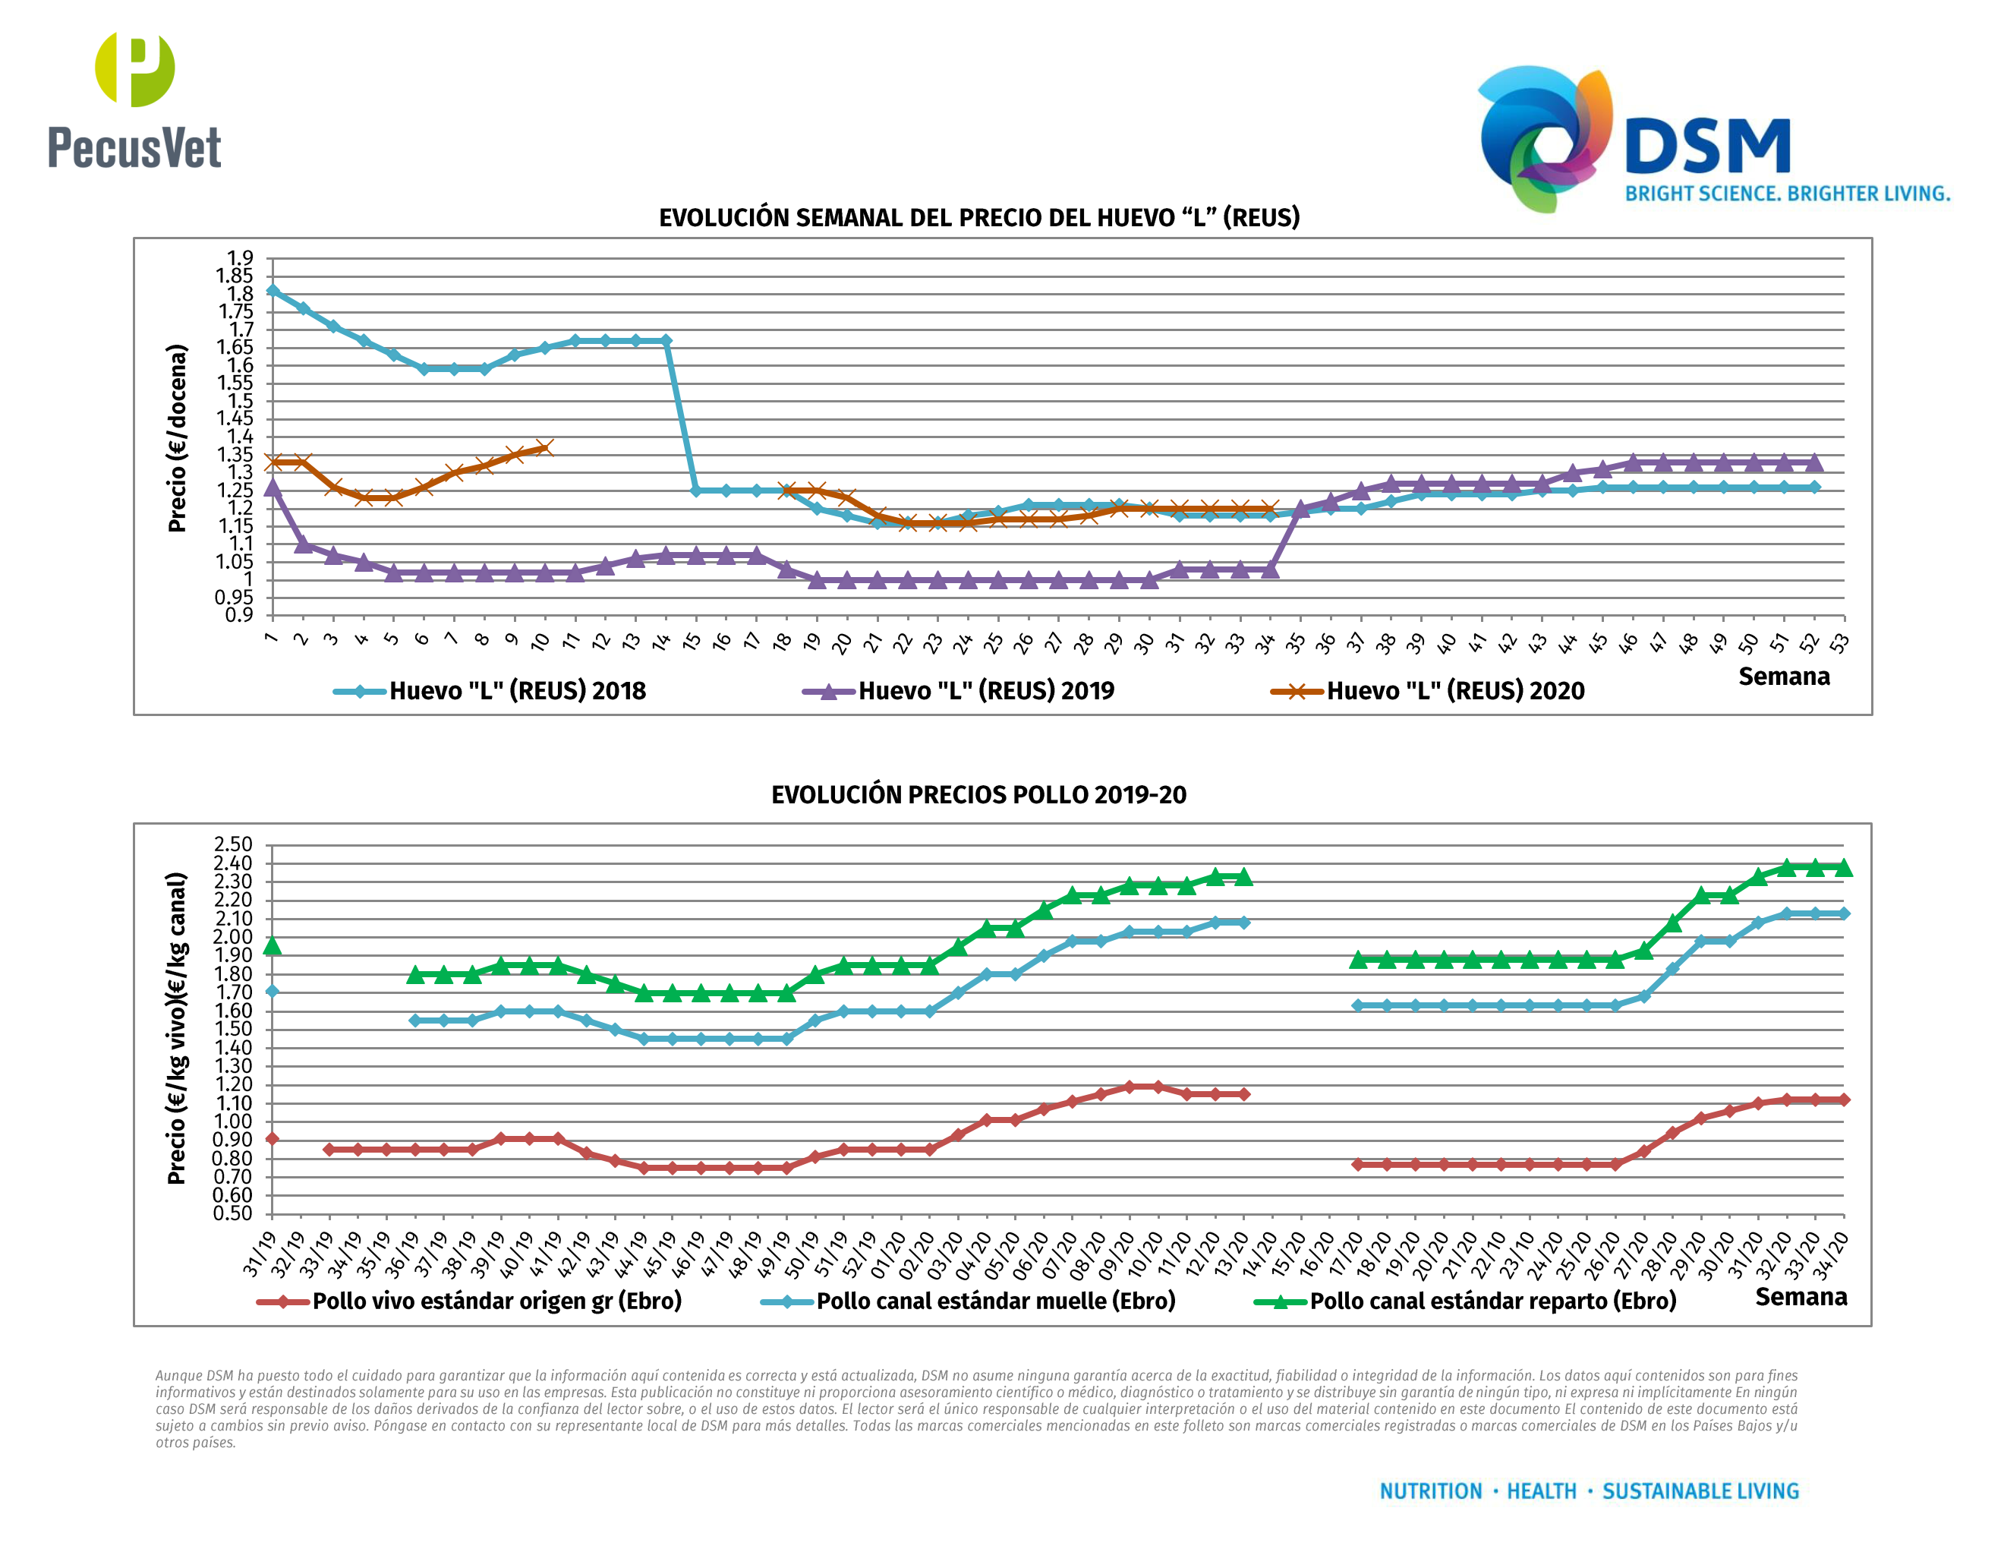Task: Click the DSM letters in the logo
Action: pos(1706,147)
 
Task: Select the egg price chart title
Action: pos(979,217)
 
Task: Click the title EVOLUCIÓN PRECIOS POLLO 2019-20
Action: pos(978,795)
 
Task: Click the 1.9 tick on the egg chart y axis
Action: pos(241,258)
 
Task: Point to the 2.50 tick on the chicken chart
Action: pos(233,844)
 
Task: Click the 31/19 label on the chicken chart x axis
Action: pos(260,1254)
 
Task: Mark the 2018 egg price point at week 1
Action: pos(273,291)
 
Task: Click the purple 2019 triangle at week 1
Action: pos(273,487)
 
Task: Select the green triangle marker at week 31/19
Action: pos(272,945)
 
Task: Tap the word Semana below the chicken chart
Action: pos(1801,1297)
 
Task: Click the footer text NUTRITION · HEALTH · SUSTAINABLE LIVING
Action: pos(1590,1491)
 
